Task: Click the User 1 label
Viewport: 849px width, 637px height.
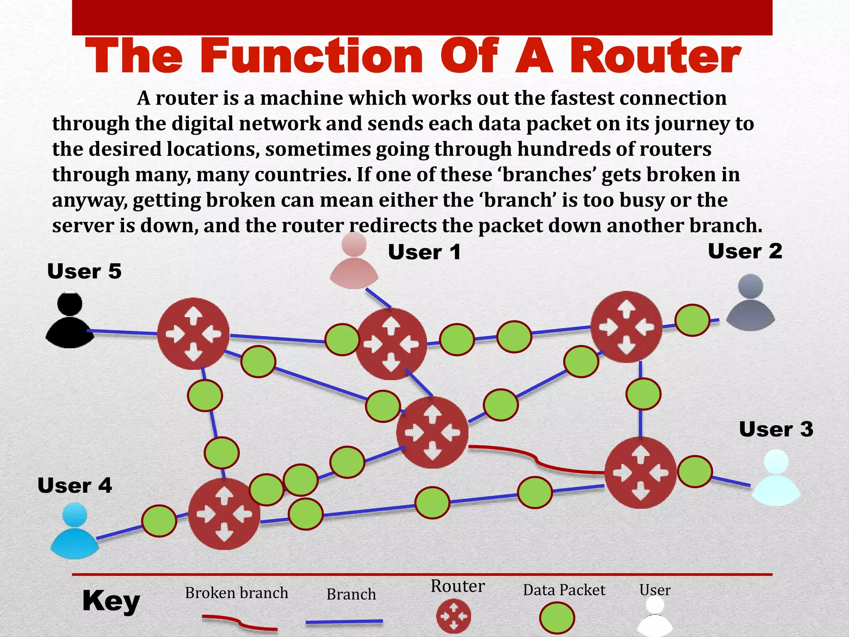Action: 424,252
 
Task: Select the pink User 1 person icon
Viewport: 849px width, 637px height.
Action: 354,261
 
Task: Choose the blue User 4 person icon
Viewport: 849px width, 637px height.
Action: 75,530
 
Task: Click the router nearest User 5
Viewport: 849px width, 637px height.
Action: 193,333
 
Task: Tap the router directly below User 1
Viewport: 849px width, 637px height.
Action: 391,344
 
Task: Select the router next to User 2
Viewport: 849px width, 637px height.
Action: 626,327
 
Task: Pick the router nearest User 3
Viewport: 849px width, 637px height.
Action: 640,473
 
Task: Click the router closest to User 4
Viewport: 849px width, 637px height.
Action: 224,514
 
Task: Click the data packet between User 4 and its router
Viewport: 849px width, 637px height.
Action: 159,521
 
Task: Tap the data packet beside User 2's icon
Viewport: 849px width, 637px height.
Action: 692,320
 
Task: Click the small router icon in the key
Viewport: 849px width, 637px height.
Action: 454,616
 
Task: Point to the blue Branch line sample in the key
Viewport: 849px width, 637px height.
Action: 344,622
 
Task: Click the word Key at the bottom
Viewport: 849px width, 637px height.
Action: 111,601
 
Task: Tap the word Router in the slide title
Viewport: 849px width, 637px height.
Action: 655,56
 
